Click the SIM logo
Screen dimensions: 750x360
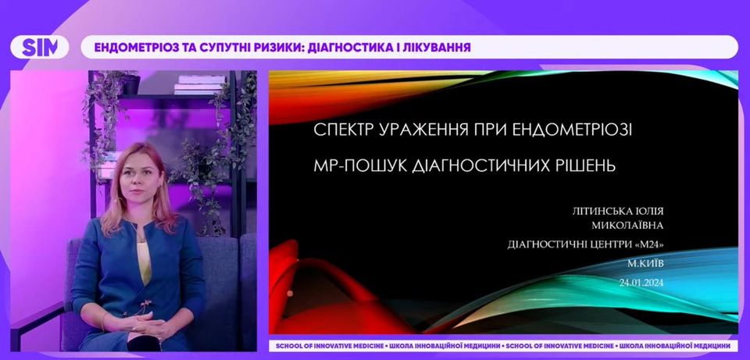(x=40, y=48)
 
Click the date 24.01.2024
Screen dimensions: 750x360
(x=641, y=283)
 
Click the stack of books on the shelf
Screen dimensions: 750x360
(x=200, y=84)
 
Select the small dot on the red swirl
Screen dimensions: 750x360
(x=290, y=293)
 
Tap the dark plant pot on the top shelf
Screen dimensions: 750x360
(x=130, y=84)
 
